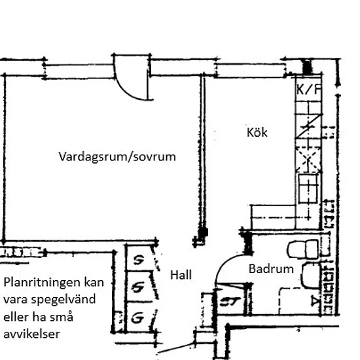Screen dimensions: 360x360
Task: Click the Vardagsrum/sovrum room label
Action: click(117, 157)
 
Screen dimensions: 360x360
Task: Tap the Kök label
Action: click(257, 132)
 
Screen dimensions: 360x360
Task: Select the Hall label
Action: click(181, 275)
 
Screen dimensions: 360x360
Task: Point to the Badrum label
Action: click(271, 269)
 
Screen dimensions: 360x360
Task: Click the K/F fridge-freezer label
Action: click(309, 89)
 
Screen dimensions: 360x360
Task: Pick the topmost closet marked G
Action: click(139, 259)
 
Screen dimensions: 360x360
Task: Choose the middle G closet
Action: click(139, 287)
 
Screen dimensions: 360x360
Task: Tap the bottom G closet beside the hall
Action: click(139, 317)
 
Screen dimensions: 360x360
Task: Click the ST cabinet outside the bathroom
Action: click(230, 301)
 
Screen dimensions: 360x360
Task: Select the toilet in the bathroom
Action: click(303, 249)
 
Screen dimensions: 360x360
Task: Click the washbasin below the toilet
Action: click(311, 276)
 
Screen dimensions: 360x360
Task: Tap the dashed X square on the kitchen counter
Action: click(308, 160)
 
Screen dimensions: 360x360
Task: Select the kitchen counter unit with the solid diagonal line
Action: click(308, 126)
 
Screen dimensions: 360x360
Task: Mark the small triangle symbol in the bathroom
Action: click(314, 301)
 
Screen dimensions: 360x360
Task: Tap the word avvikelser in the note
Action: click(31, 334)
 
